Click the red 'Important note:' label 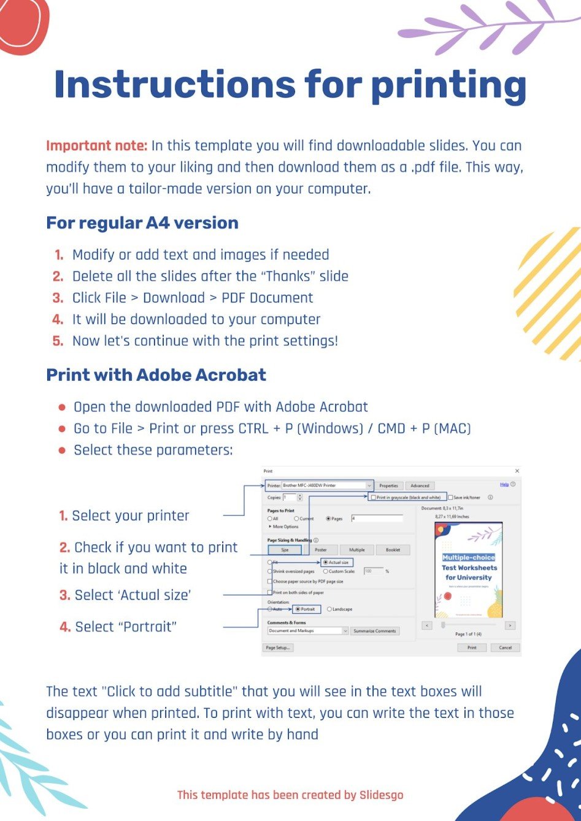[97, 146]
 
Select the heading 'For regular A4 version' [142, 223]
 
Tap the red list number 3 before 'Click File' [58, 298]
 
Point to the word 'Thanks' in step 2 [288, 277]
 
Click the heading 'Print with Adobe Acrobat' [156, 375]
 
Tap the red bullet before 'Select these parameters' [62, 451]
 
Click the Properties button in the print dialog [388, 486]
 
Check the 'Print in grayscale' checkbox [374, 498]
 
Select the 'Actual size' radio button [325, 562]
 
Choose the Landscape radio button [329, 609]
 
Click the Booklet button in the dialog [393, 550]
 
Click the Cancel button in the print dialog [505, 647]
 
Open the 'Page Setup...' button [278, 647]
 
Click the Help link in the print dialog [504, 484]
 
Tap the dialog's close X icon [517, 471]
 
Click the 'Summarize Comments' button [374, 631]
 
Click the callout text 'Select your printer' [130, 516]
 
